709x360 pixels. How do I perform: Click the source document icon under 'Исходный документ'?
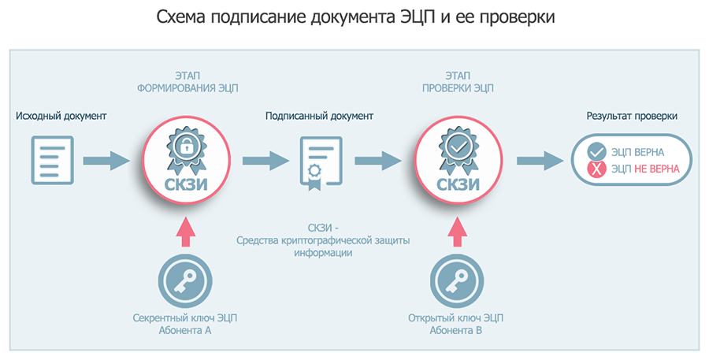(52, 160)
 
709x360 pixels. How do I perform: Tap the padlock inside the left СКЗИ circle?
(186, 146)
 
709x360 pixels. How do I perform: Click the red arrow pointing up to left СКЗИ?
(185, 233)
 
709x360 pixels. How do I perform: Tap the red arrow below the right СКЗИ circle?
(456, 233)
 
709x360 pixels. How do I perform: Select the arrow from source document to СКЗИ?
(106, 161)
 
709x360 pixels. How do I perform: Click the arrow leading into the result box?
(540, 161)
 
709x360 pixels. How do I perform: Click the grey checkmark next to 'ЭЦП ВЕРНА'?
(597, 150)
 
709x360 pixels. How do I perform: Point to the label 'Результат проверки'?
(632, 117)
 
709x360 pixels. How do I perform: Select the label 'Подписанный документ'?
(319, 117)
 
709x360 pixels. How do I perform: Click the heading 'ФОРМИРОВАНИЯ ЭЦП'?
(186, 88)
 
